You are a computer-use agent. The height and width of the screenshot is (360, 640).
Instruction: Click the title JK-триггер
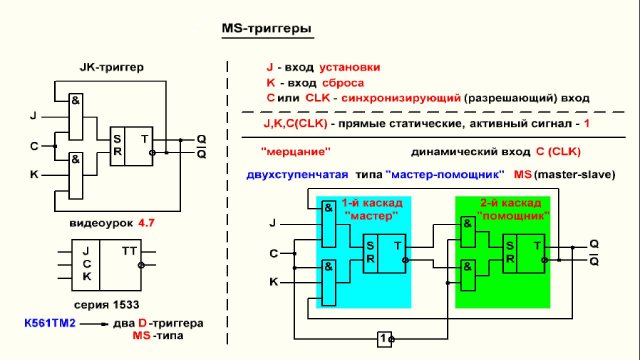coord(111,67)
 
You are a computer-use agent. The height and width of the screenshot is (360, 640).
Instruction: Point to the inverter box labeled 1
coord(385,338)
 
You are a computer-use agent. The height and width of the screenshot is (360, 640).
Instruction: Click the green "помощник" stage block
coord(502,251)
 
